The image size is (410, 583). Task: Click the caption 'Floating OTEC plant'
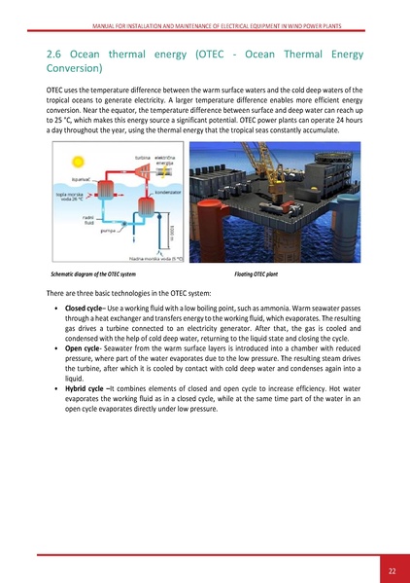pyautogui.click(x=262, y=277)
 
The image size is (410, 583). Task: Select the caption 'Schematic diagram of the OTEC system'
pyautogui.click(x=94, y=277)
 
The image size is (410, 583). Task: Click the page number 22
pyautogui.click(x=392, y=569)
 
